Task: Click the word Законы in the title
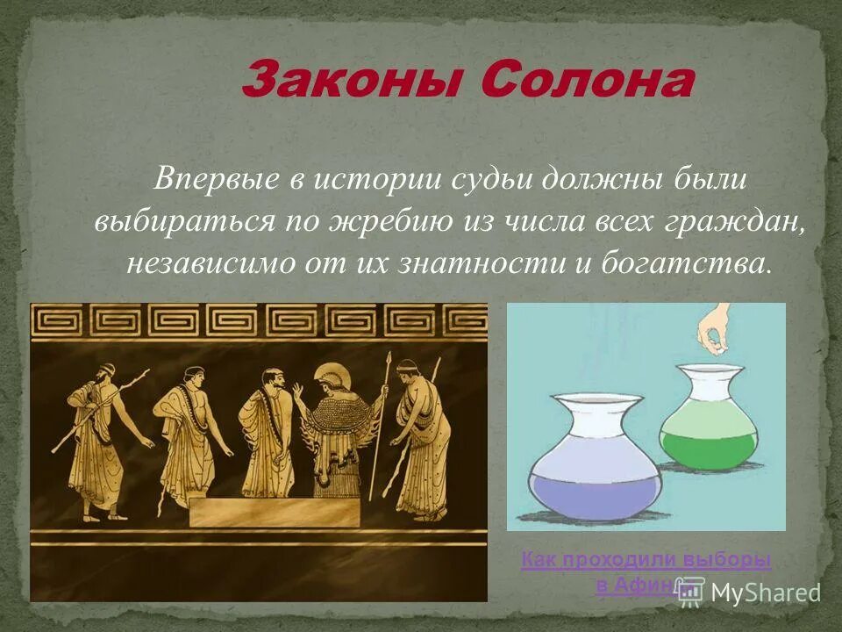(x=351, y=83)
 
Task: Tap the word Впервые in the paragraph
(x=215, y=180)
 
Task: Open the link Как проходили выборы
(x=646, y=560)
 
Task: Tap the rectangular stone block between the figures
(x=274, y=512)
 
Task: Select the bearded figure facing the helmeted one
(x=268, y=430)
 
